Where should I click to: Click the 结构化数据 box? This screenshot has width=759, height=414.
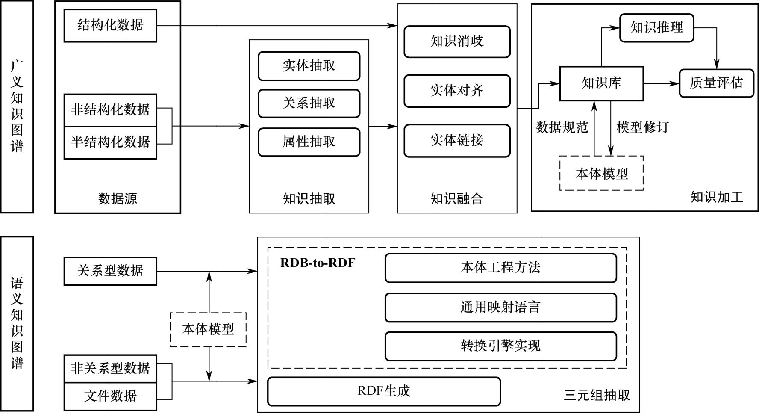(110, 26)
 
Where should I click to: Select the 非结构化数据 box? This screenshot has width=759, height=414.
(110, 110)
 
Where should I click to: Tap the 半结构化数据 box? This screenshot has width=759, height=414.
(110, 142)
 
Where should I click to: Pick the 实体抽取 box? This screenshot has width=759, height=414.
(309, 66)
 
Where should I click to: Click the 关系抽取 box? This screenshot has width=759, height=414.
(309, 103)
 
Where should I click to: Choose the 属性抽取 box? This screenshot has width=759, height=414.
(309, 142)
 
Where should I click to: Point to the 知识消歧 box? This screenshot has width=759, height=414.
(457, 41)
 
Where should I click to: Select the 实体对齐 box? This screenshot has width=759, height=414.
(457, 91)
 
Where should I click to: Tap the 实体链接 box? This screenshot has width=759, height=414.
(457, 140)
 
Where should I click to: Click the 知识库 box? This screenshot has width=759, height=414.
(601, 83)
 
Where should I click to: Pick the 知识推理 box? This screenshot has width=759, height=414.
(656, 28)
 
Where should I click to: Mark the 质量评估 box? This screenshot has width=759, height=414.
(716, 83)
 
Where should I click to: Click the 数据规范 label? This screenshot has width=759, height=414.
(562, 127)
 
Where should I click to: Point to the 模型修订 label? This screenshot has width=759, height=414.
(642, 127)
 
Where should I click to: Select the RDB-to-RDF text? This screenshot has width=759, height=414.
(318, 263)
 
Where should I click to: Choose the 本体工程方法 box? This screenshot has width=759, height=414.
(500, 268)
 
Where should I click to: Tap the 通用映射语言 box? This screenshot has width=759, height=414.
(500, 307)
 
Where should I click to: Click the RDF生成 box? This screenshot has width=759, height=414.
(383, 391)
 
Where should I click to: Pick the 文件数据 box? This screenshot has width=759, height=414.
(110, 396)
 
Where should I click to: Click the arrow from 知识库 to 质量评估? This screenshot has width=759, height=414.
(661, 84)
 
